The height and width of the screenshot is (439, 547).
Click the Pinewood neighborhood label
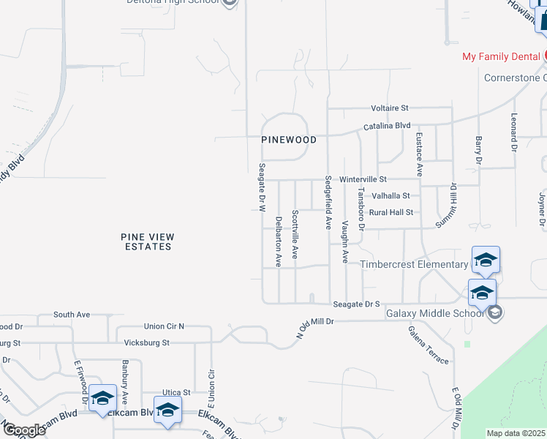click(290, 140)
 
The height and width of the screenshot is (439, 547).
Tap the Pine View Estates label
click(146, 241)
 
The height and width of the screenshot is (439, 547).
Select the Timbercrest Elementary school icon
click(486, 260)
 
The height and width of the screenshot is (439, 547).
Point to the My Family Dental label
click(501, 56)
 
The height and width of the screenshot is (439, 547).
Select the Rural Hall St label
click(391, 212)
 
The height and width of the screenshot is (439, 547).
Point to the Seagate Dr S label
click(357, 304)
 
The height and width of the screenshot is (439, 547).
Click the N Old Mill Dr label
click(314, 326)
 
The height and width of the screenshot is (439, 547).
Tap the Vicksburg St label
click(146, 342)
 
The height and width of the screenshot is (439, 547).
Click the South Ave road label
click(72, 315)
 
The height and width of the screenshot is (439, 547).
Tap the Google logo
click(23, 430)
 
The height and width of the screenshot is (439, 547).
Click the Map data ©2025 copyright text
click(516, 433)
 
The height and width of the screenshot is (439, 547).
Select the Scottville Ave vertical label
click(295, 235)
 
